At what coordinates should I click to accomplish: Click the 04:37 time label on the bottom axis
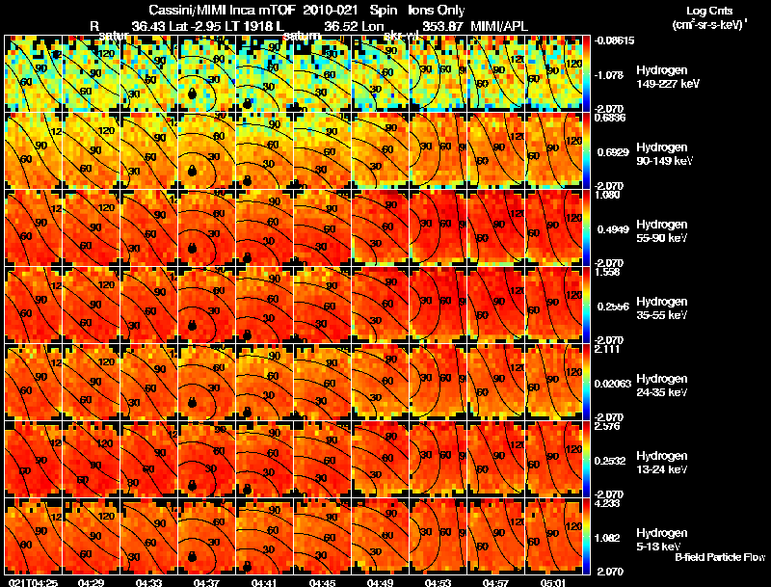pos(205,582)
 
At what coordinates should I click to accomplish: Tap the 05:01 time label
pos(553,582)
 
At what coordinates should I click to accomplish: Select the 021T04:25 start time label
pos(33,582)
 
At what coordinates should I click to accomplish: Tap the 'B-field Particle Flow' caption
pos(719,557)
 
